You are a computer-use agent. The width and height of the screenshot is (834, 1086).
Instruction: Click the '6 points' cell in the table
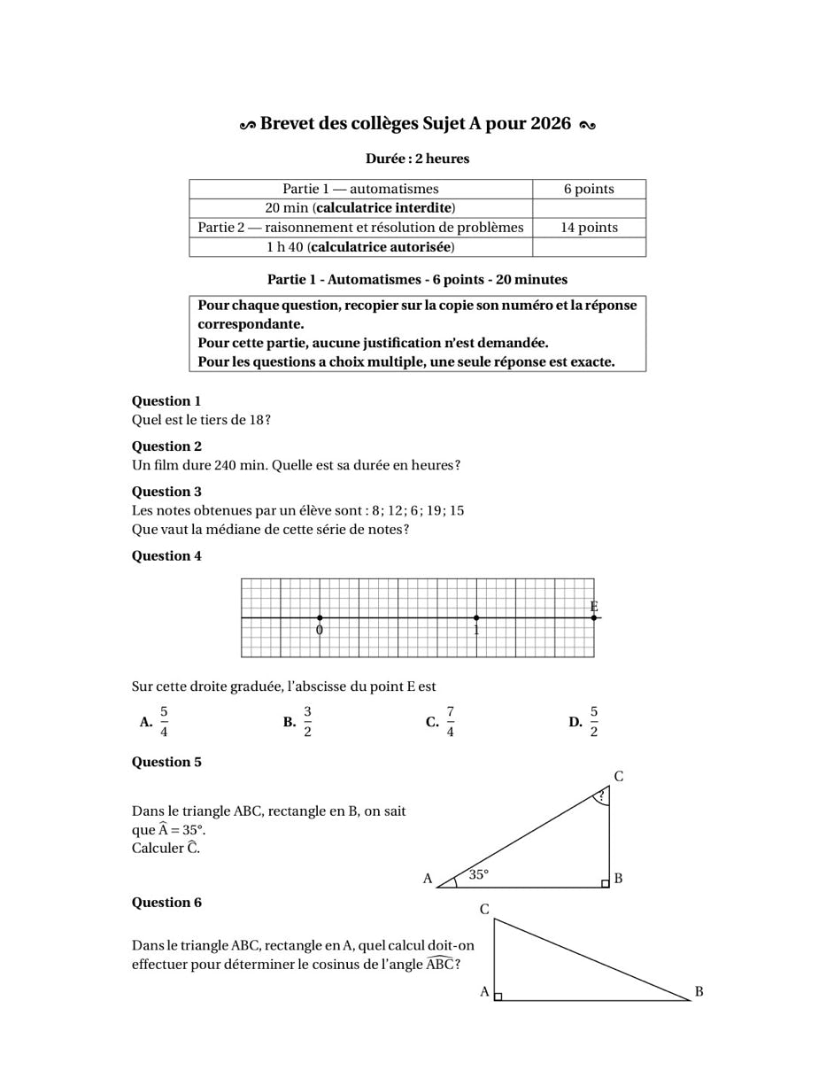tap(589, 189)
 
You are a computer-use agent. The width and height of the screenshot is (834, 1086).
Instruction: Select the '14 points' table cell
tap(589, 228)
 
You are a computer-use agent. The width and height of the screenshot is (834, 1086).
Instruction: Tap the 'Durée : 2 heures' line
tap(417, 159)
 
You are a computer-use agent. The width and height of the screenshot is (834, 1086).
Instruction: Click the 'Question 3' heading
tap(166, 492)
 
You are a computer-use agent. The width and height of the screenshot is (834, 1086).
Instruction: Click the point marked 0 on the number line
tap(320, 617)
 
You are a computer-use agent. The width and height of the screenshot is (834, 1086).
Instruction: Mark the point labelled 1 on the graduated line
tap(476, 617)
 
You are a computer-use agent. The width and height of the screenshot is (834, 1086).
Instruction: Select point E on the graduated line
tap(594, 617)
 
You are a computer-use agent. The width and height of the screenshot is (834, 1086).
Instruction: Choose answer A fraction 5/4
tap(164, 722)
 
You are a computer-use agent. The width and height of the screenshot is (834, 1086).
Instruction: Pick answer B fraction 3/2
tap(307, 722)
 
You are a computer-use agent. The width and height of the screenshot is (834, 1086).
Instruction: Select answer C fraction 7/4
tap(450, 722)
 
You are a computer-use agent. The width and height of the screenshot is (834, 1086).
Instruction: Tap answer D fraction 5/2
tap(593, 722)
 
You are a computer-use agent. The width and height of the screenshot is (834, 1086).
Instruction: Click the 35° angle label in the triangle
tap(479, 874)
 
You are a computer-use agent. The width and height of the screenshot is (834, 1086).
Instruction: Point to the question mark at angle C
tap(601, 796)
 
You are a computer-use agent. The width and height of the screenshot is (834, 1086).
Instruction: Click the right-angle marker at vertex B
tap(605, 883)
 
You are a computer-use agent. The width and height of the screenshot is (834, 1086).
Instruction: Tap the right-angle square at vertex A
tap(498, 997)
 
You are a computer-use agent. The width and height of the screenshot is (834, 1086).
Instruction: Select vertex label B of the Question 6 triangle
tap(699, 991)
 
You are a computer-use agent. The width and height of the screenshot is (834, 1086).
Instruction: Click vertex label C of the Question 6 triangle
tap(484, 910)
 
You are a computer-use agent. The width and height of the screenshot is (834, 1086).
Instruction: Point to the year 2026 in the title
tap(551, 124)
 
